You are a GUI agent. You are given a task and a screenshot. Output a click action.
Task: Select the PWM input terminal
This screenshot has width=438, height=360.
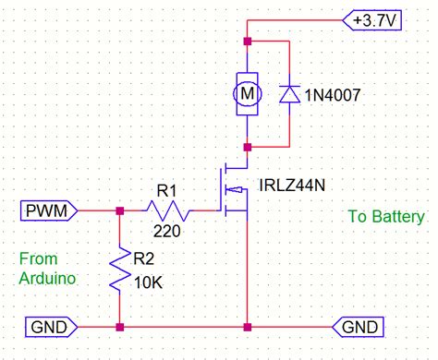click(48, 211)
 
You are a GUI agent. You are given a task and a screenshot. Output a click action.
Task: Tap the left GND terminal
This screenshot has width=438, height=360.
click(48, 327)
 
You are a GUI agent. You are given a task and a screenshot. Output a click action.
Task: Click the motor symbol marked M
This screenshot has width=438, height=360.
click(247, 93)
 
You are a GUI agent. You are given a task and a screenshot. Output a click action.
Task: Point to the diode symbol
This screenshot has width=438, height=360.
click(291, 93)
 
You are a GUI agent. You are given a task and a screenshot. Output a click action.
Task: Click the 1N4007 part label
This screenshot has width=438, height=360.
click(339, 93)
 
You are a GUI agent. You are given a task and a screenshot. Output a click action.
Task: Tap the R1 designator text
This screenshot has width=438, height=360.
click(166, 192)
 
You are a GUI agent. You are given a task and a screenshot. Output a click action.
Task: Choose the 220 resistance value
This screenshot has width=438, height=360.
click(166, 232)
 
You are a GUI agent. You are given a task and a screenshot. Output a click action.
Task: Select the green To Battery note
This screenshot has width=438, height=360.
click(386, 216)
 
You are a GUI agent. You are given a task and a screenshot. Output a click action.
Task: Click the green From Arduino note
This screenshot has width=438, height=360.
click(45, 267)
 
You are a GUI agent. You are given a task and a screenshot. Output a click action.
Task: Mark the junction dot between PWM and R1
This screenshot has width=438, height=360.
click(120, 211)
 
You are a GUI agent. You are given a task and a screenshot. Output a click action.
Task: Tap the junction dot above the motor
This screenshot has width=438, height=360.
click(247, 42)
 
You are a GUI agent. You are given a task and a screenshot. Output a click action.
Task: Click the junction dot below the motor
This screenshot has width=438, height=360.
click(247, 146)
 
